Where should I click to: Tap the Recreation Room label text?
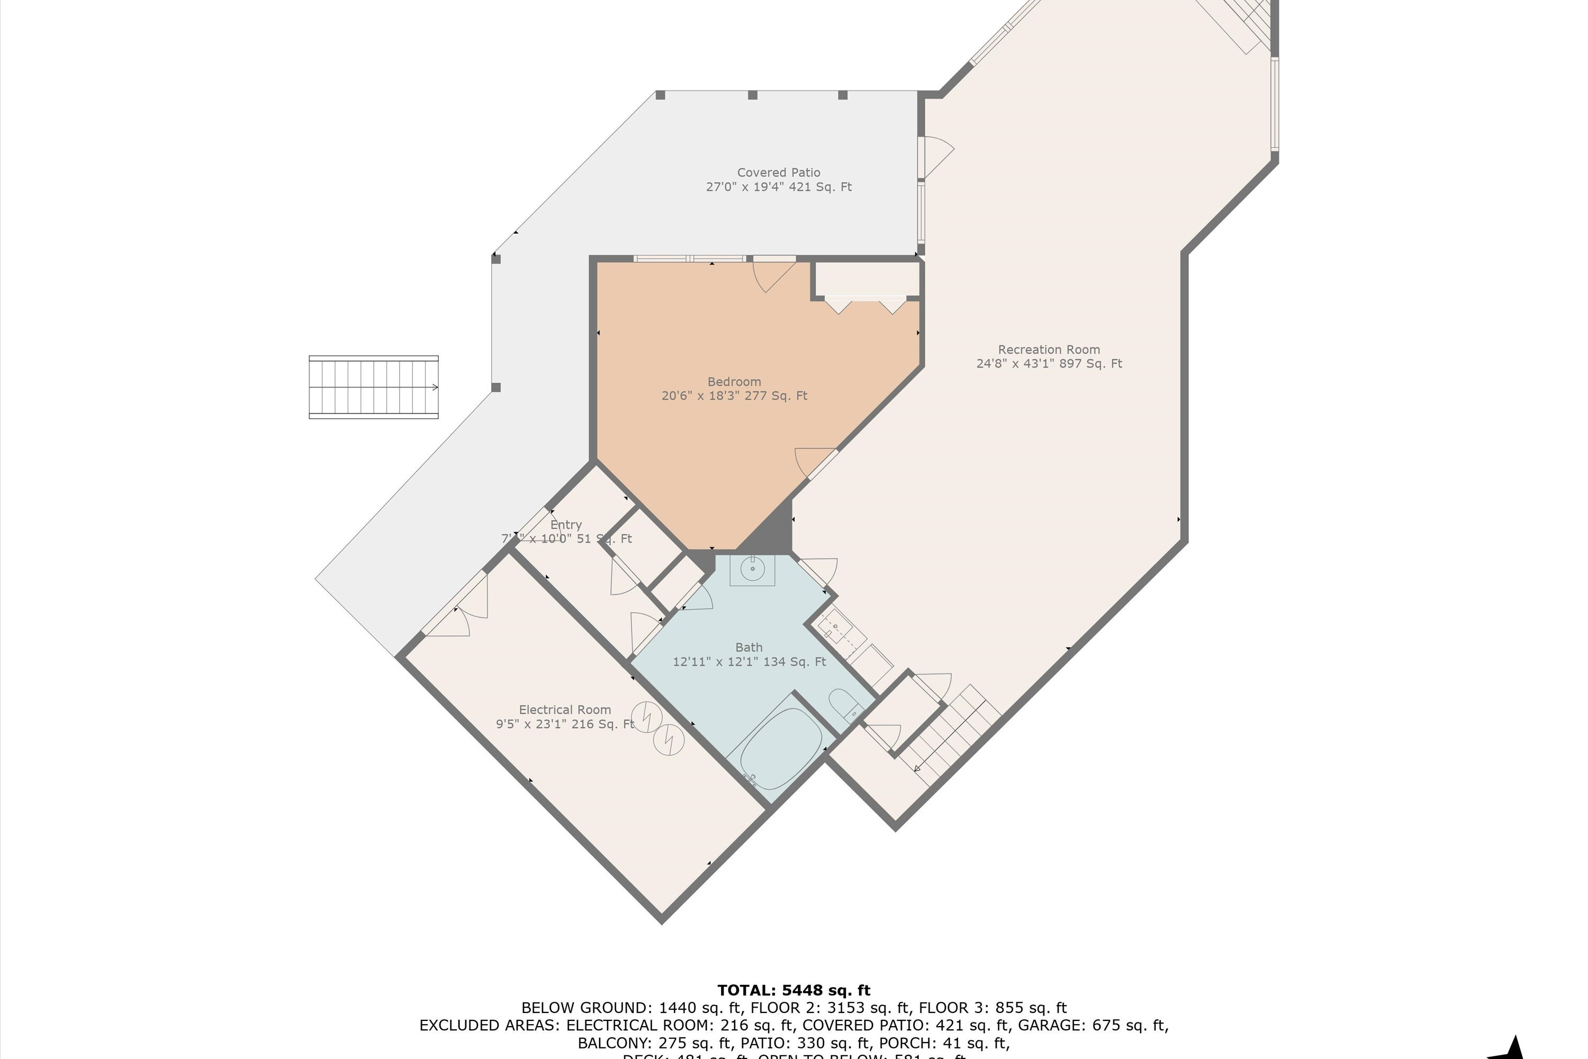click(1049, 350)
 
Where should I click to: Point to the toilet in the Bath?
click(844, 705)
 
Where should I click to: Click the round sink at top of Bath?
click(752, 569)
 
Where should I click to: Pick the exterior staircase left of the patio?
click(373, 387)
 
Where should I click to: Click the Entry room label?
click(566, 525)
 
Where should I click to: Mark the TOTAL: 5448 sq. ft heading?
click(793, 990)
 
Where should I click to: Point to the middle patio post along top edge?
click(752, 95)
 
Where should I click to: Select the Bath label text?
click(749, 647)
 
